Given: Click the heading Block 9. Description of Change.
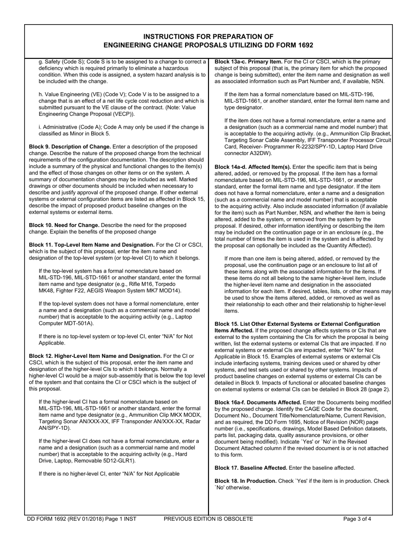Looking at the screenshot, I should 70,147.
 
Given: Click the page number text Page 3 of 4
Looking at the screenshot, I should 357,519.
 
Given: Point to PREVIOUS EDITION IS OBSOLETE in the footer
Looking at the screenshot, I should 208,519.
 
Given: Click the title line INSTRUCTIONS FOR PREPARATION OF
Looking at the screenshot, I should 208,36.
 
